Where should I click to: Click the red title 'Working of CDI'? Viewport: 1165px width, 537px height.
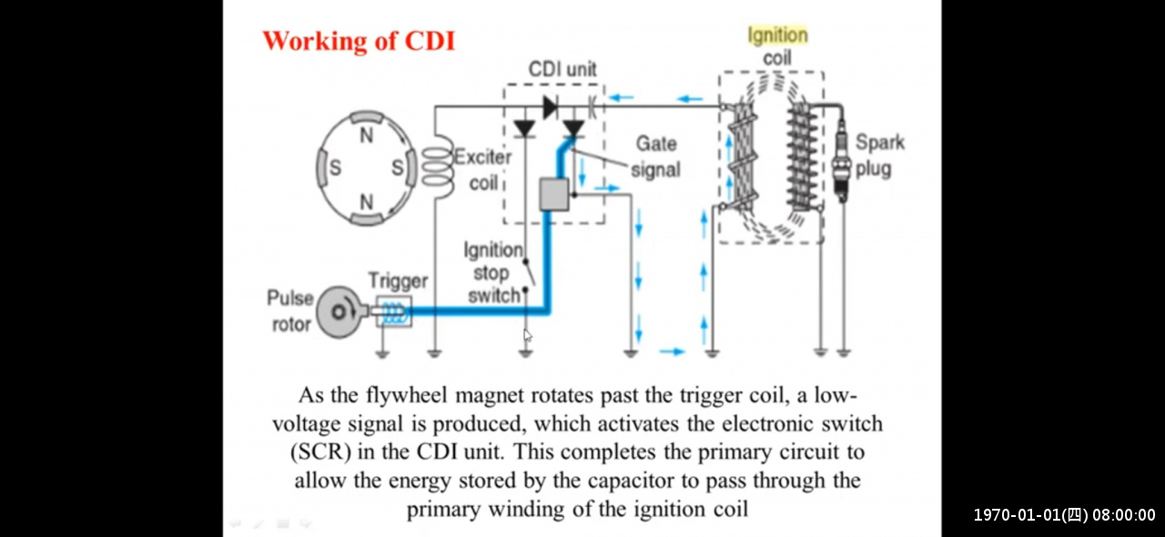(x=359, y=42)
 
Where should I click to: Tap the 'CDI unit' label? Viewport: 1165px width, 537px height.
(x=562, y=69)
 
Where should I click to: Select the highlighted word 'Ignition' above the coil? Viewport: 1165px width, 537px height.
(x=777, y=35)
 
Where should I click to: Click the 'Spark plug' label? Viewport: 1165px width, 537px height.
(x=879, y=156)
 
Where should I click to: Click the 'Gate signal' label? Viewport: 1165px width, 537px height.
(x=655, y=157)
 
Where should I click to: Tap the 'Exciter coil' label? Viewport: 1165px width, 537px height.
(x=483, y=169)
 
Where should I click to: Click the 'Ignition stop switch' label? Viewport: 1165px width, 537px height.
(x=494, y=272)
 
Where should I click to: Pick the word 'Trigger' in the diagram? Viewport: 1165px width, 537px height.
(x=398, y=280)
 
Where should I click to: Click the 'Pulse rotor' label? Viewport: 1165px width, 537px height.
(x=290, y=310)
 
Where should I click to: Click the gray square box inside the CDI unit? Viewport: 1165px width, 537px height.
(x=553, y=195)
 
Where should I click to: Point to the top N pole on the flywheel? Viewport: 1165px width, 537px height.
(x=367, y=136)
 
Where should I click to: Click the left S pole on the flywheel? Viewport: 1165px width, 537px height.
(x=335, y=167)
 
